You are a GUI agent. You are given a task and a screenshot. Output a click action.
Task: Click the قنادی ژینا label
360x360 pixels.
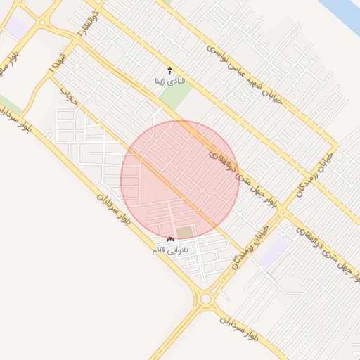tap(169, 82)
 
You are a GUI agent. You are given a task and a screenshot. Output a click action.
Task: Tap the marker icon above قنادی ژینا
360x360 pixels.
tap(169, 70)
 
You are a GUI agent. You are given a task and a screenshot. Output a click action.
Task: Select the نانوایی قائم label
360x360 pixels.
tap(171, 250)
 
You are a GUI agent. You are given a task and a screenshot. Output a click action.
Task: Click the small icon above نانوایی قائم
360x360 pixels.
tap(171, 240)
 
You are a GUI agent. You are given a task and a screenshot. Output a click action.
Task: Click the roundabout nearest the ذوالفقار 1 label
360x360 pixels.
tap(44, 23)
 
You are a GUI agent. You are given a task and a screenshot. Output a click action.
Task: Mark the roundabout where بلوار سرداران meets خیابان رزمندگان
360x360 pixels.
tap(205, 300)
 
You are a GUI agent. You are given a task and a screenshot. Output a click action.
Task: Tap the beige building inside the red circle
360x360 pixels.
tap(185, 232)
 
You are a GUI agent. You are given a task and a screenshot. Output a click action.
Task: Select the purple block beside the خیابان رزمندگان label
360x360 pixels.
tap(273, 251)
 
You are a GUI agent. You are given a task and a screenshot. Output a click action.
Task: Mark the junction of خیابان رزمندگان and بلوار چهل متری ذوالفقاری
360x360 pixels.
tap(283, 211)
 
